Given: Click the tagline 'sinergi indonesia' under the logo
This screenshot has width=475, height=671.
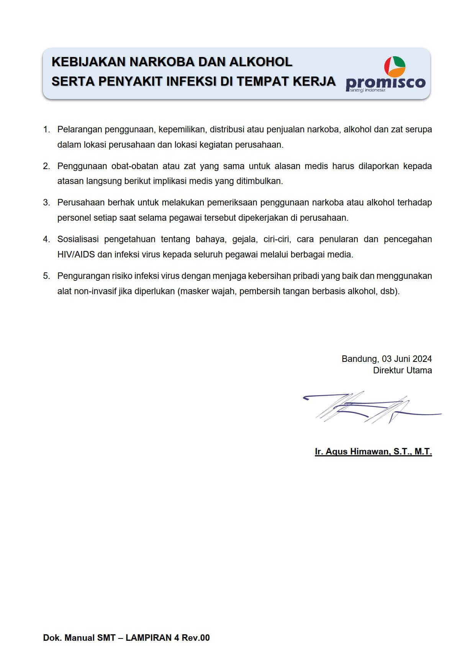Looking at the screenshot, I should point(367,90).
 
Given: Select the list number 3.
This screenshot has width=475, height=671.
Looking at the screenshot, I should point(46,203).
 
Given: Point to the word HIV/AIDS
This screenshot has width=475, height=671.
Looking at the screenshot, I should point(76,255).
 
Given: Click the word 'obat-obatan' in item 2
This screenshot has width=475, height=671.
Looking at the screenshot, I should point(134,166).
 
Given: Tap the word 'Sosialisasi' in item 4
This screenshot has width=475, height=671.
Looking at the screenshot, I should point(78,239).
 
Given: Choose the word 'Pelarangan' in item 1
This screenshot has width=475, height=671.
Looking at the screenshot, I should point(79,130).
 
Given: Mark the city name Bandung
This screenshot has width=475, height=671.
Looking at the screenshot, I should point(360,359).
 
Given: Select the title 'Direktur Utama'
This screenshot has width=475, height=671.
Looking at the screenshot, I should point(402,370).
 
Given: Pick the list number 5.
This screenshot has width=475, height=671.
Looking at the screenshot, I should point(46,276).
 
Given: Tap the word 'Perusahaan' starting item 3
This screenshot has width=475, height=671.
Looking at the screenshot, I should point(79,203).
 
